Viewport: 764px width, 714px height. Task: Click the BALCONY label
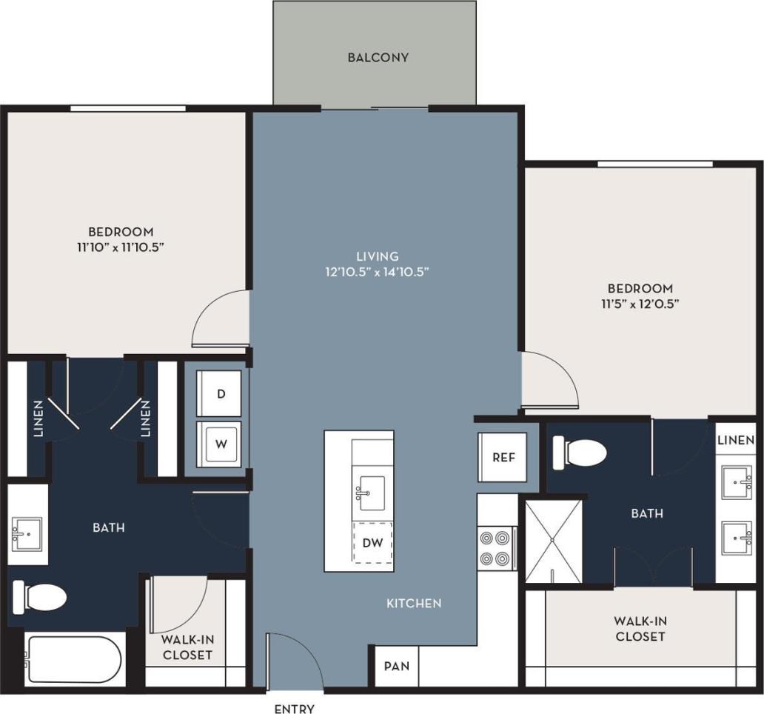[x=378, y=57]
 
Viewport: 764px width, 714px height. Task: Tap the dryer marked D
[x=219, y=394]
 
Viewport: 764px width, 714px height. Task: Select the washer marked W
[x=219, y=445]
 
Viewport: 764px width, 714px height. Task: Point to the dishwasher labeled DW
[x=373, y=542]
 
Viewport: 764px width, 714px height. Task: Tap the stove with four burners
[x=496, y=548]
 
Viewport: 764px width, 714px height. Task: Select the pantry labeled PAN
[x=397, y=665]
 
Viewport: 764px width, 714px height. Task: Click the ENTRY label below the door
[x=295, y=709]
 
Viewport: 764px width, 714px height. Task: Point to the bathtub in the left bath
[x=73, y=659]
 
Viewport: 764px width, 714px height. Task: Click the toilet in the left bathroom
[x=41, y=596]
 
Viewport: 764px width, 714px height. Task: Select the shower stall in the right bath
[x=554, y=541]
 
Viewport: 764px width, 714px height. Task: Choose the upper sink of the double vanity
[x=737, y=484]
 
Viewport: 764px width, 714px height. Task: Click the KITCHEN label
[x=414, y=603]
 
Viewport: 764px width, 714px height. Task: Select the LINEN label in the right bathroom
[x=736, y=439]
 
